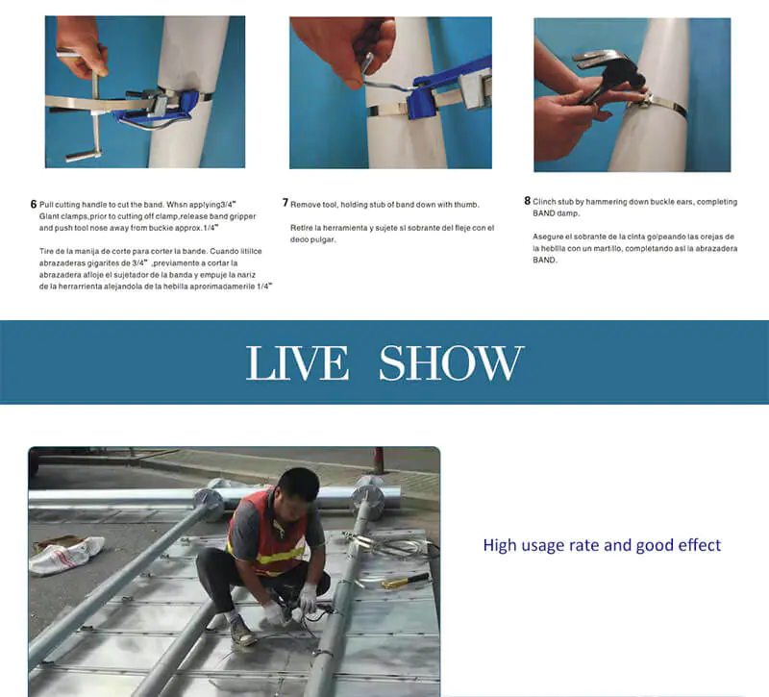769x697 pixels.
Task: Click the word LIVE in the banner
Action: [x=297, y=362]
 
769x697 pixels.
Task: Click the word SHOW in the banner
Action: [x=451, y=362]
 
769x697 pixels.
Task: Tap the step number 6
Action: [x=34, y=204]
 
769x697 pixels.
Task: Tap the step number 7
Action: [x=285, y=203]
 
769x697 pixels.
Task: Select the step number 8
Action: [x=527, y=201]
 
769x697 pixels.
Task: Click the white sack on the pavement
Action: [x=66, y=556]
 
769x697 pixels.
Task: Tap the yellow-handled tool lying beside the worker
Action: [x=405, y=581]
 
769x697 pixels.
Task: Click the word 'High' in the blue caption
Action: [x=498, y=545]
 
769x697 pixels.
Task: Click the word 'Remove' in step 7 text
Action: [x=304, y=205]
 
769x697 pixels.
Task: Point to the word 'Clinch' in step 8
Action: [x=544, y=202]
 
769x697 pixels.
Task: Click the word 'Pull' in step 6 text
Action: [x=45, y=205]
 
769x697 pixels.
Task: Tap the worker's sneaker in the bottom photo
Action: [x=242, y=632]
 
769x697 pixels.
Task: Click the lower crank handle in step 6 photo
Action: [x=84, y=156]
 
